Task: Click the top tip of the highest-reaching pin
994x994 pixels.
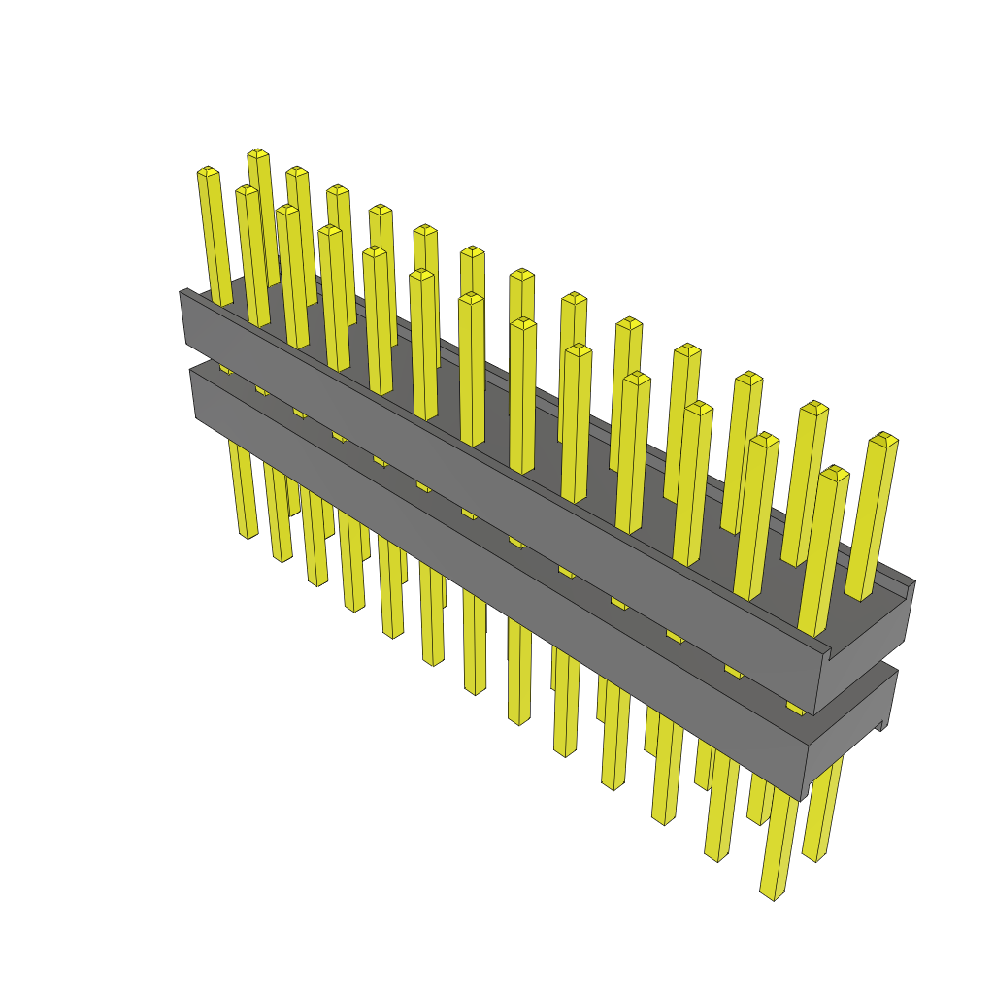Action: [x=257, y=153]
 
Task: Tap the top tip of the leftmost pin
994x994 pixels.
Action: [x=208, y=172]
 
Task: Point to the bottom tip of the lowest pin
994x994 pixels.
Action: [x=768, y=893]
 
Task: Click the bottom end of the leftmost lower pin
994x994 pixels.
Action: [x=248, y=533]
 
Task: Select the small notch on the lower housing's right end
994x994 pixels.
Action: [x=883, y=724]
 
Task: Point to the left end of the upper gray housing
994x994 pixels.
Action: [x=182, y=315]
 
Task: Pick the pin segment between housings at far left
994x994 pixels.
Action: [x=225, y=368]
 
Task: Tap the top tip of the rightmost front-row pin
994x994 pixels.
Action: [x=834, y=473]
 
